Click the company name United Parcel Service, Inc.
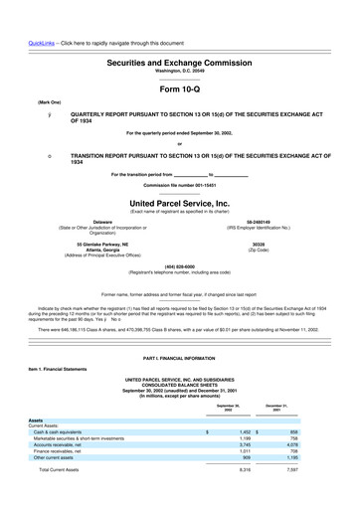tap(179, 202)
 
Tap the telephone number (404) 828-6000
tap(179, 266)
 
